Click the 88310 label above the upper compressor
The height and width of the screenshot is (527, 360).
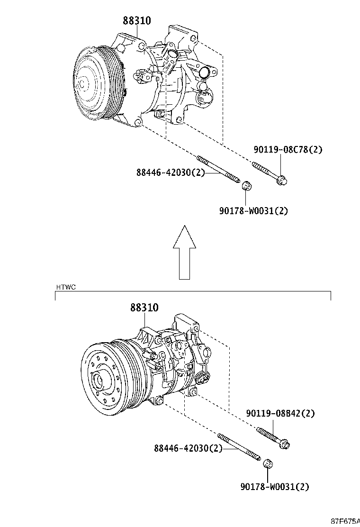click(137, 21)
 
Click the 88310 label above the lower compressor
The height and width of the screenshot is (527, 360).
click(144, 308)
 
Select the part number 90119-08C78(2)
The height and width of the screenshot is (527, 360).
click(288, 149)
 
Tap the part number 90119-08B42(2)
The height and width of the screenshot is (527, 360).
click(280, 413)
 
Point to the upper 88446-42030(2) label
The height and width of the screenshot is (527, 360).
click(171, 173)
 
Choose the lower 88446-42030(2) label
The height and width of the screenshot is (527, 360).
click(188, 448)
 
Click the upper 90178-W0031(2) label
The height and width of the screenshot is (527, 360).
click(253, 211)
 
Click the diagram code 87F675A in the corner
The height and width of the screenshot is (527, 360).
click(344, 521)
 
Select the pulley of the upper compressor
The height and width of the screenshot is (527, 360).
click(92, 82)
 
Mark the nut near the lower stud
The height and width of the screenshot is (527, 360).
click(268, 463)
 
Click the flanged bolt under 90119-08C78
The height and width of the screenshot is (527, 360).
click(270, 172)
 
